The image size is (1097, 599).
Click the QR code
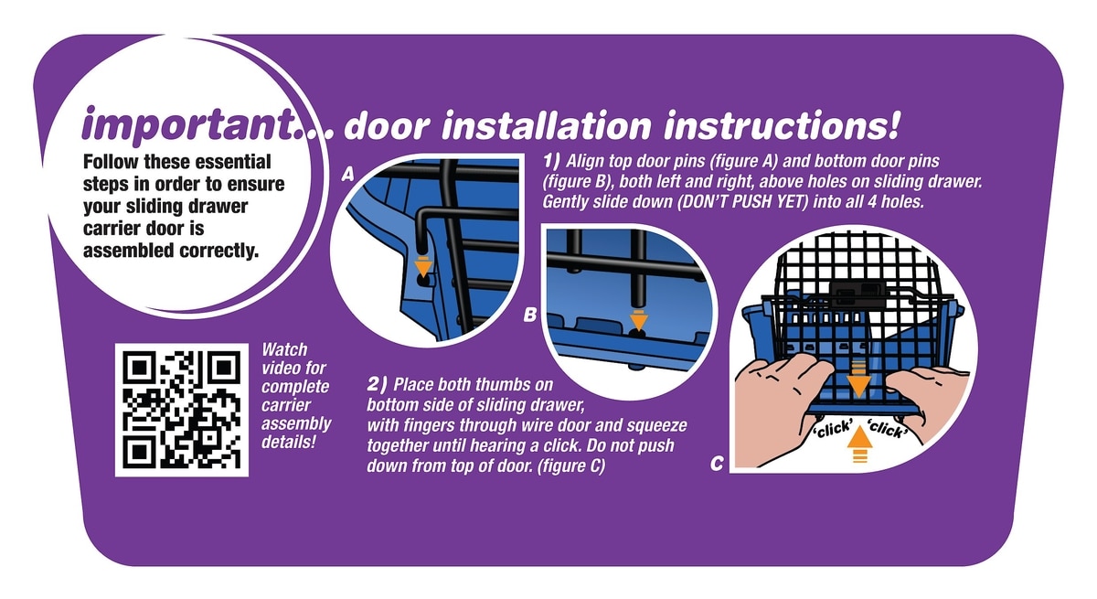click(182, 410)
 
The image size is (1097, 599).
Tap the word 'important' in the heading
click(187, 124)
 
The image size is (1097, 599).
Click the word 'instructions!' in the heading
click(782, 125)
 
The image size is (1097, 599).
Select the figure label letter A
click(347, 174)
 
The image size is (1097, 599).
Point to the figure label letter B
click(530, 315)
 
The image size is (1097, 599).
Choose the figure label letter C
click(717, 463)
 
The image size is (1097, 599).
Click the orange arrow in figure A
click(423, 266)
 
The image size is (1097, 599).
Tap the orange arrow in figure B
click(639, 320)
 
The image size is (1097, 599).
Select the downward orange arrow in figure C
click(859, 379)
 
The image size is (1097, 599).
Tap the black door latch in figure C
click(860, 294)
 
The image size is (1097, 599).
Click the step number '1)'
click(551, 160)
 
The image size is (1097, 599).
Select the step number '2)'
click(377, 384)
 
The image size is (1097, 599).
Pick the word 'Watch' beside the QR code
click(284, 349)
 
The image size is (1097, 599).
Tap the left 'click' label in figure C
click(834, 430)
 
